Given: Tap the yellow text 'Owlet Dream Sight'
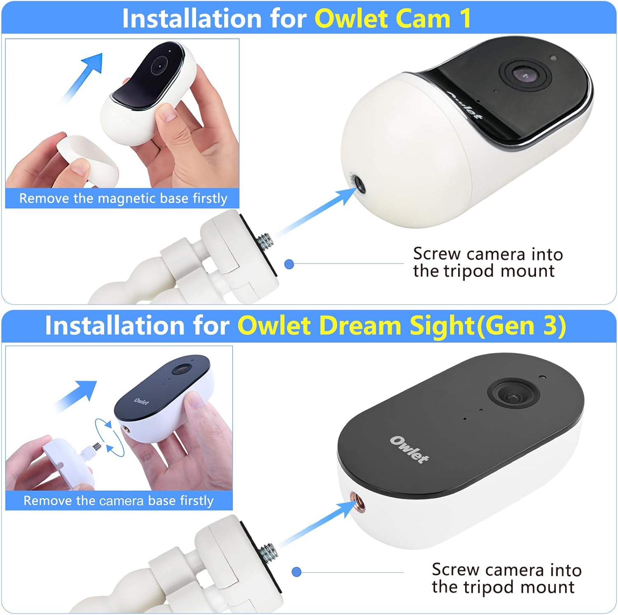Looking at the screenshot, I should [x=356, y=326].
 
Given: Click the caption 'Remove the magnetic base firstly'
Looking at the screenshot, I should [x=123, y=199].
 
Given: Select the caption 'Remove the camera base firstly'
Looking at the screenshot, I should [x=119, y=501].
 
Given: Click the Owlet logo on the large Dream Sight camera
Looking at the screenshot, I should [x=409, y=449].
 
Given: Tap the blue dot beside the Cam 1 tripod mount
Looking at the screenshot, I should [x=289, y=264].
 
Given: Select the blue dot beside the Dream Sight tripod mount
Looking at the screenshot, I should [x=296, y=572].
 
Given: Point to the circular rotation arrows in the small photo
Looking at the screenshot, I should [x=109, y=437].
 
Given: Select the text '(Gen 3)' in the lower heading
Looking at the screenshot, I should [x=521, y=326].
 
